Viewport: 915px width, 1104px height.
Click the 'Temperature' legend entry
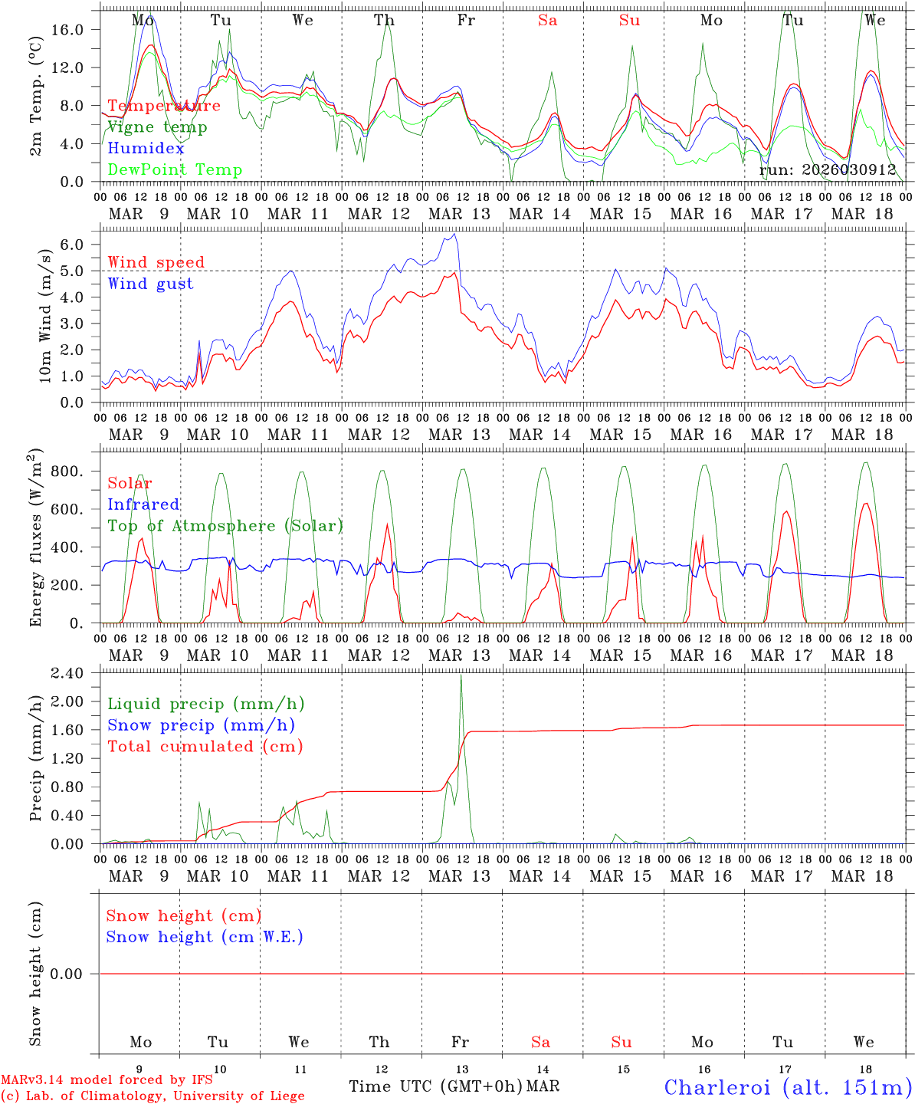coord(164,106)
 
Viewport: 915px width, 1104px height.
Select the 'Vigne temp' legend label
coord(157,127)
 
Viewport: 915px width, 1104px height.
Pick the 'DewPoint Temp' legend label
coord(175,170)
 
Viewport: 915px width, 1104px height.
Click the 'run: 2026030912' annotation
coord(828,170)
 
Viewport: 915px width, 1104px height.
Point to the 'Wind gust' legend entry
coord(150,284)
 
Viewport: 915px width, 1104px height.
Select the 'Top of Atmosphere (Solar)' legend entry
coord(225,526)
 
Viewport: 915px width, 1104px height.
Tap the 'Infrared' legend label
coord(143,504)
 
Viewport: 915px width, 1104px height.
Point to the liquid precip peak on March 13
coord(461,675)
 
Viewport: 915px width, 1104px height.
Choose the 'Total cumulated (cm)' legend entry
coord(205,747)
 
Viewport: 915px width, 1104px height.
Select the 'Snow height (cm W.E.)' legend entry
coord(205,937)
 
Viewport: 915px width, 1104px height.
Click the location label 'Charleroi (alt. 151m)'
coord(788,1087)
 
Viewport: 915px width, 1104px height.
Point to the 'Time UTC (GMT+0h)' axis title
coord(435,1086)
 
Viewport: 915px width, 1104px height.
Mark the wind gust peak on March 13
coord(455,234)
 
